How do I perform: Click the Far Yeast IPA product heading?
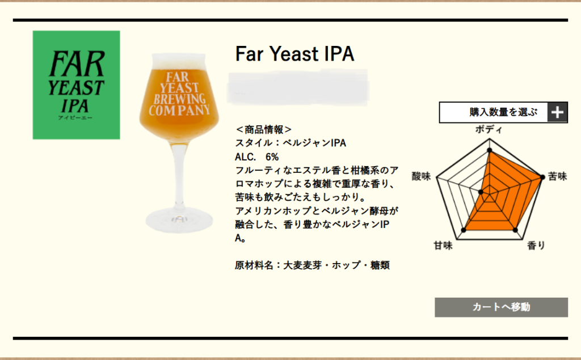[x=294, y=54]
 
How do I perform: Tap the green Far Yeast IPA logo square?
[x=77, y=85]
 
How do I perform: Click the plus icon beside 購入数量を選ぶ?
[x=557, y=112]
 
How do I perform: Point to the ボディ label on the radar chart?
[x=489, y=130]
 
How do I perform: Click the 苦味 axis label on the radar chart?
[x=557, y=176]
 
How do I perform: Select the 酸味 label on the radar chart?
[x=422, y=176]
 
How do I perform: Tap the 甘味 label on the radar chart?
[x=443, y=245]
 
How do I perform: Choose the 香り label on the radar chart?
[x=536, y=245]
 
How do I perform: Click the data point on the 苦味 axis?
[x=542, y=177]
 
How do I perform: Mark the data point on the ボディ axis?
[x=490, y=150]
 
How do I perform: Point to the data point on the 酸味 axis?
[x=481, y=192]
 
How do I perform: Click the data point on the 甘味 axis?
[x=464, y=230]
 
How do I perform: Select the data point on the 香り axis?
[x=515, y=230]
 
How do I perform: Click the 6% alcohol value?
[x=272, y=157]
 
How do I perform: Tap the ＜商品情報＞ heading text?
[x=263, y=130]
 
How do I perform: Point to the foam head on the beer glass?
[x=179, y=61]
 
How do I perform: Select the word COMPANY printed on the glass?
[x=180, y=111]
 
